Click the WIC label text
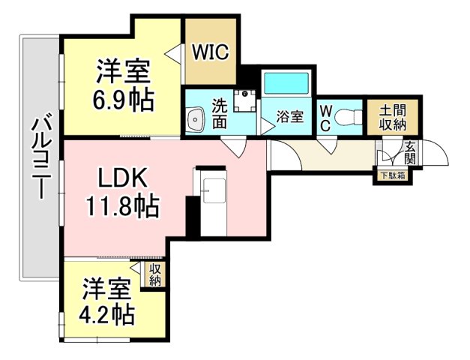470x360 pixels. (211, 52)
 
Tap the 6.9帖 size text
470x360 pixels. (123, 100)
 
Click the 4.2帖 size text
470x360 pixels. (106, 314)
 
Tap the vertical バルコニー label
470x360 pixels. (40, 158)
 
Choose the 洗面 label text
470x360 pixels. (220, 113)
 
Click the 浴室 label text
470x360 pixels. (290, 117)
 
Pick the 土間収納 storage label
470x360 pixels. (393, 118)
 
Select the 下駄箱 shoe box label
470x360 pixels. (393, 175)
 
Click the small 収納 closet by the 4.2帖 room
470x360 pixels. (156, 274)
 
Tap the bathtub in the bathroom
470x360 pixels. (287, 82)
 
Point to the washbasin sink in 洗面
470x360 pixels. (195, 120)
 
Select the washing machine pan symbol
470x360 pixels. (245, 100)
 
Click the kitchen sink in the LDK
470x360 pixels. (214, 190)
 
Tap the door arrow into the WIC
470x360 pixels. (173, 53)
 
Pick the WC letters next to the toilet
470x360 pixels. (325, 118)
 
